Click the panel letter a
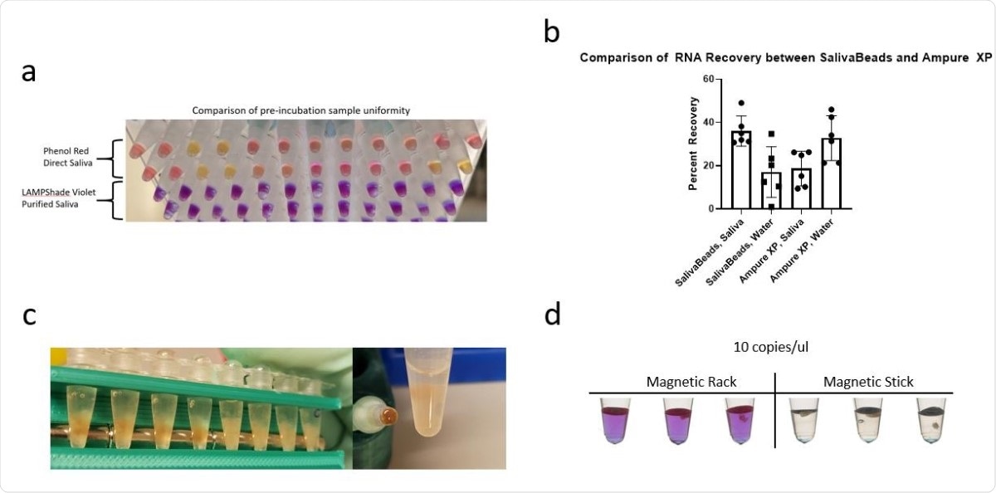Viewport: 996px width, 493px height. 29,72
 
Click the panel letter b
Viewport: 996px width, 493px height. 552,31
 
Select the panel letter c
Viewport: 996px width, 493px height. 29,315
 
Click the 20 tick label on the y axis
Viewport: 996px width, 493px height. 710,165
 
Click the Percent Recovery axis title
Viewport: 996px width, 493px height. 693,144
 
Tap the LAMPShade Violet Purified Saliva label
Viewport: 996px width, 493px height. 63,198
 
